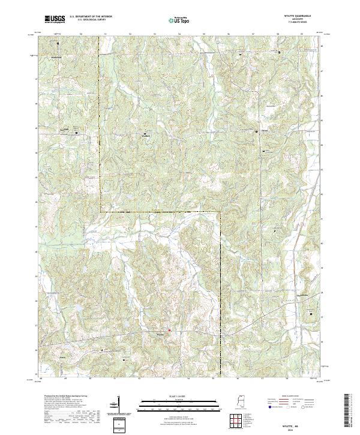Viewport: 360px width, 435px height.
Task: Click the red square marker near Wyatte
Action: point(170,329)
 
